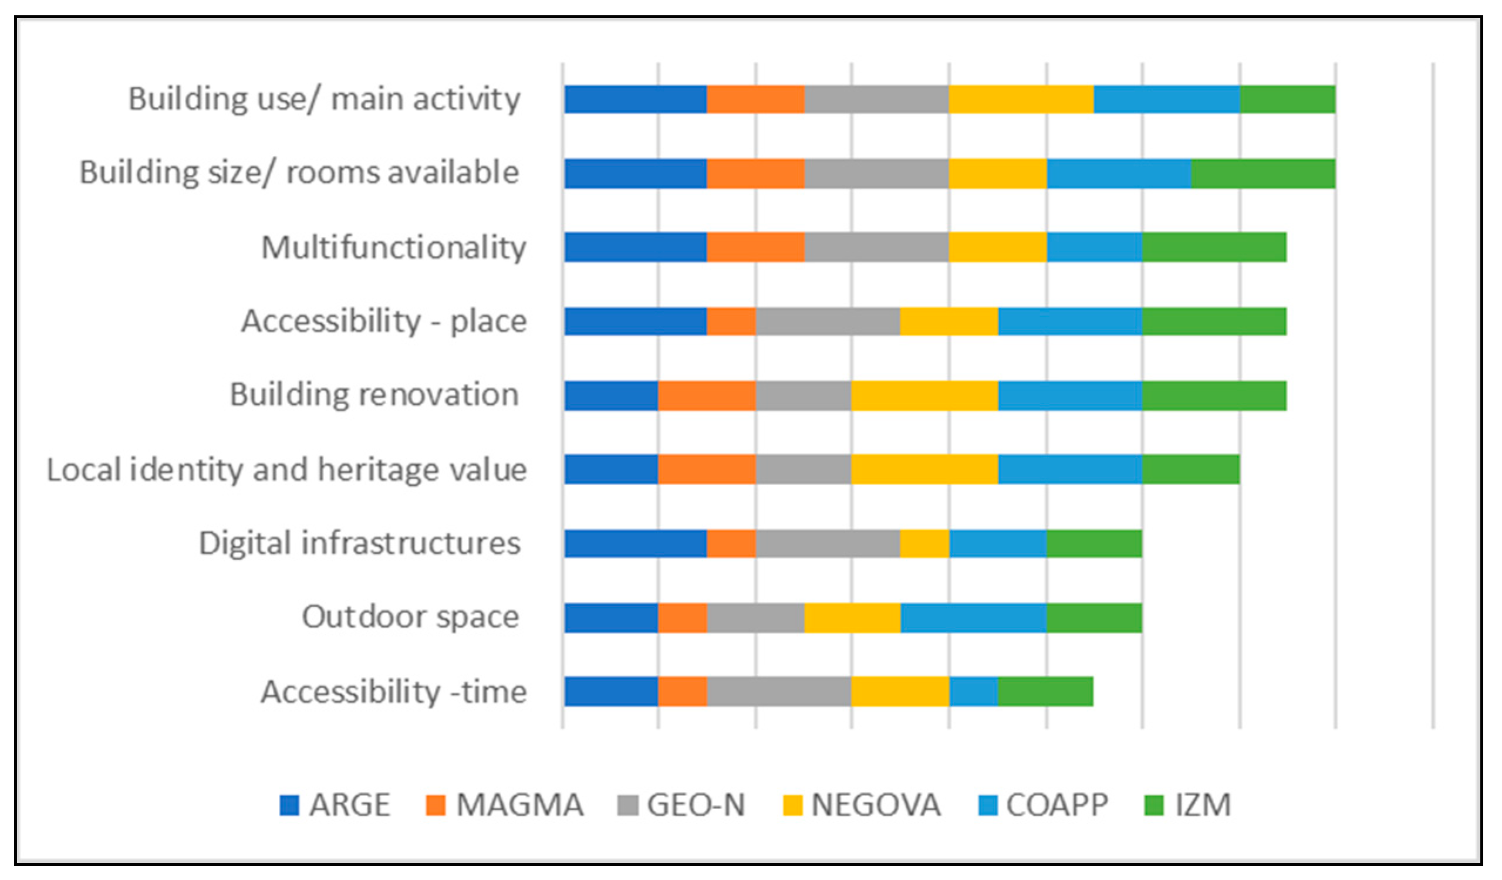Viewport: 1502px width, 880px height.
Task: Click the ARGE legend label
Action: (x=349, y=805)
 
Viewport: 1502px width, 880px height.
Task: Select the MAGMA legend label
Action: (x=519, y=805)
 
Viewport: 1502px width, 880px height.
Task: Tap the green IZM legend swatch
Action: (x=1154, y=805)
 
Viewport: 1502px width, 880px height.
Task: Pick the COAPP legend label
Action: (x=1057, y=805)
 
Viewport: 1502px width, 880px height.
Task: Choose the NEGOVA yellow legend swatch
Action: (x=792, y=805)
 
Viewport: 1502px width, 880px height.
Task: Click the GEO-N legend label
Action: (x=696, y=805)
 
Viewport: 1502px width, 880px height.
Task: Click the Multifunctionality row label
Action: (x=393, y=247)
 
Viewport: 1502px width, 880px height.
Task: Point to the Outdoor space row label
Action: (x=410, y=617)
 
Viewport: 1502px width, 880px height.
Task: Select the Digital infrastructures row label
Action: (x=359, y=543)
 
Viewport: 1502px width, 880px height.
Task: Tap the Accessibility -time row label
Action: (x=393, y=692)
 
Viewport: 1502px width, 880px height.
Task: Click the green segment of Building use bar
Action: (x=1287, y=99)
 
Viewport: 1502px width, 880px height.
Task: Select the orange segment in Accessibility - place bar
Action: (x=731, y=321)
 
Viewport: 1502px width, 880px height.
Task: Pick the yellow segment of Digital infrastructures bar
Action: (x=924, y=543)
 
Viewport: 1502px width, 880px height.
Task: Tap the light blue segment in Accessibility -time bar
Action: (x=973, y=691)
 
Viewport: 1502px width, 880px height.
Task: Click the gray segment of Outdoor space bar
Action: (x=755, y=617)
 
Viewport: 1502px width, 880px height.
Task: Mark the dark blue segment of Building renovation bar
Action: (x=611, y=395)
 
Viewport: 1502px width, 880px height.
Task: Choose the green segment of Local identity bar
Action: (x=1190, y=469)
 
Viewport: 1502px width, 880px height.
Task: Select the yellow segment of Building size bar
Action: (x=997, y=174)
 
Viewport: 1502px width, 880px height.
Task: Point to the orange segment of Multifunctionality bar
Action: (x=755, y=247)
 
